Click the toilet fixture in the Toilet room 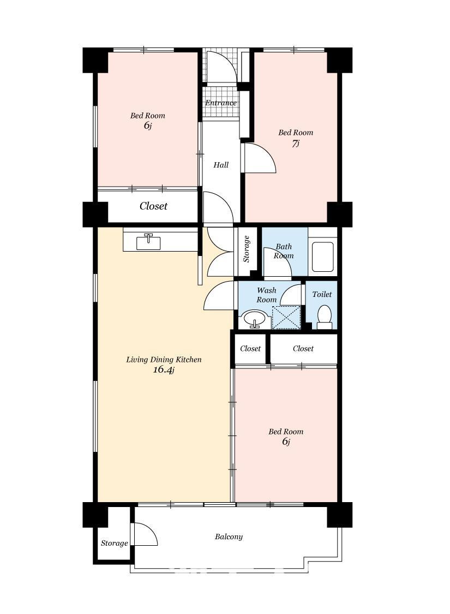pos(324,317)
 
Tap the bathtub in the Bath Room pos(323,257)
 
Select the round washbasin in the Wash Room pos(255,319)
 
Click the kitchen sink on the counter pos(148,242)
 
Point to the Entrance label pos(221,103)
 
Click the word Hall pos(221,165)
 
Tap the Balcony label pos(229,537)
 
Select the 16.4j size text pos(164,369)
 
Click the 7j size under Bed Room pos(296,144)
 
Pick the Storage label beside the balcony pos(114,543)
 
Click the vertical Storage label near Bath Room pos(247,249)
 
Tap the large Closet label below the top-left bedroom pos(153,206)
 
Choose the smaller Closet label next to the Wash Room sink pos(250,349)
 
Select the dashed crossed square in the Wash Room pos(286,318)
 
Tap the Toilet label pos(322,294)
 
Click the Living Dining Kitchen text pos(164,360)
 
